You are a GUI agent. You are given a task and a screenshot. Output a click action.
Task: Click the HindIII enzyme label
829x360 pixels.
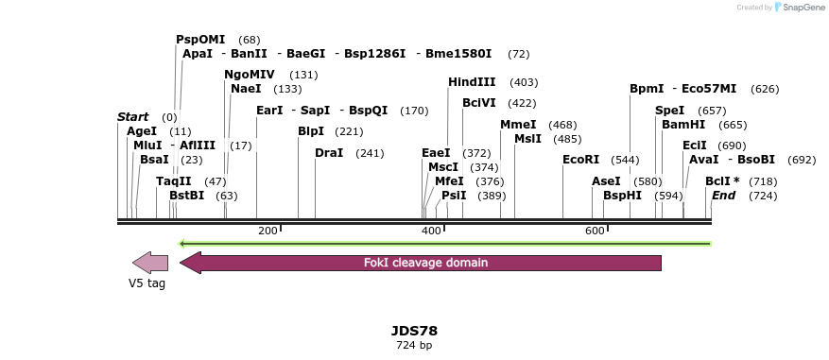pos(473,83)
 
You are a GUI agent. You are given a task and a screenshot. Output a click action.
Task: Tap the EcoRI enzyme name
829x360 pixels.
pos(581,160)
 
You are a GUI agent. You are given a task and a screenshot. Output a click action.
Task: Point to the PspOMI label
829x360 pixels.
pos(200,40)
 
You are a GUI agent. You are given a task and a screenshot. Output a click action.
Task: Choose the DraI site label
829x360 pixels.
pos(329,153)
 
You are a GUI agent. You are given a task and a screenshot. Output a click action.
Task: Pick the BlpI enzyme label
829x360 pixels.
pos(311,131)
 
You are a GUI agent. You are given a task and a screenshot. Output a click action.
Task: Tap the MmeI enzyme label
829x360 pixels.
pos(518,125)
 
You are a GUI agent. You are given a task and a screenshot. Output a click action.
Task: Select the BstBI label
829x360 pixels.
pos(186,196)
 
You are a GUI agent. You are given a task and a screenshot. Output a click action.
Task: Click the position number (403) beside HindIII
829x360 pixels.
pos(523,83)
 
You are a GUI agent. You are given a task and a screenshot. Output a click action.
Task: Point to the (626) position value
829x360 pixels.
pos(765,89)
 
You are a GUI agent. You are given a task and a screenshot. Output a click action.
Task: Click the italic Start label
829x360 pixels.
pos(133,117)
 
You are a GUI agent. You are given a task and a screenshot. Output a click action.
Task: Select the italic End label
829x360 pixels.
pos(723,196)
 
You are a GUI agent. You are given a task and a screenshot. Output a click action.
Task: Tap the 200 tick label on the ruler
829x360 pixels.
pos(268,231)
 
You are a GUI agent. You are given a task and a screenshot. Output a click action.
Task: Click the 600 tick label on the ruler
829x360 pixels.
pos(595,231)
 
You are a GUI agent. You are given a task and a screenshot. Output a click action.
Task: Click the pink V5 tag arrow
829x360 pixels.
pos(150,263)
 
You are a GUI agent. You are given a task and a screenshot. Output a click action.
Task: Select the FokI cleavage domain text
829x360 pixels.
pos(425,263)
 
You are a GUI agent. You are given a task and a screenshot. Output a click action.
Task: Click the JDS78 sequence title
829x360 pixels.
pos(414,331)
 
